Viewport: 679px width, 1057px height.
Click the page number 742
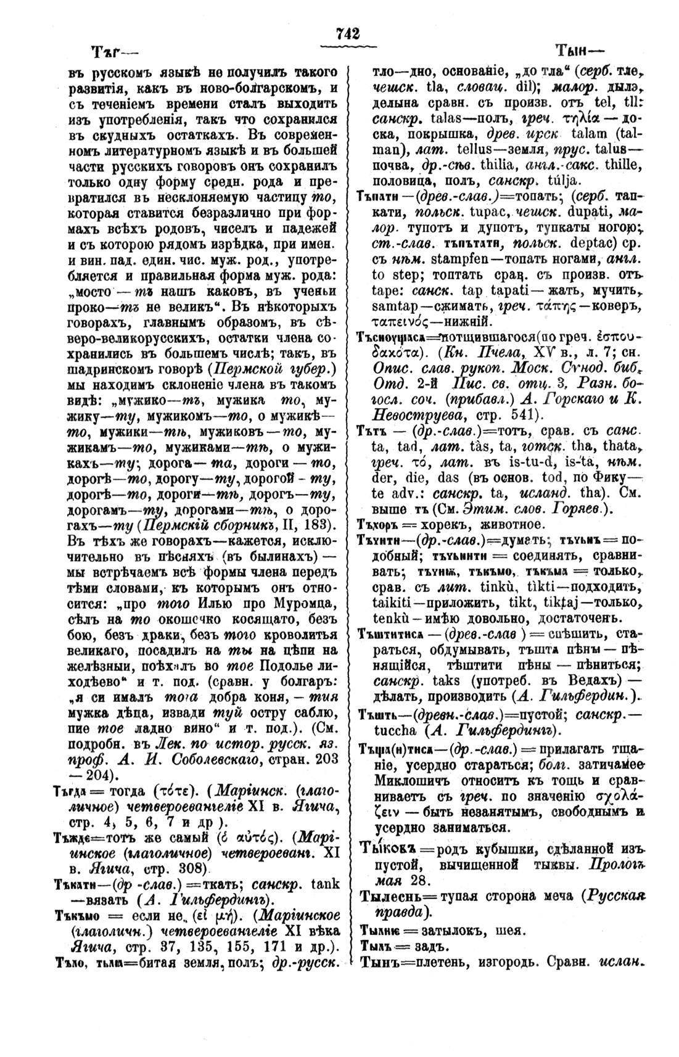tap(348, 34)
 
